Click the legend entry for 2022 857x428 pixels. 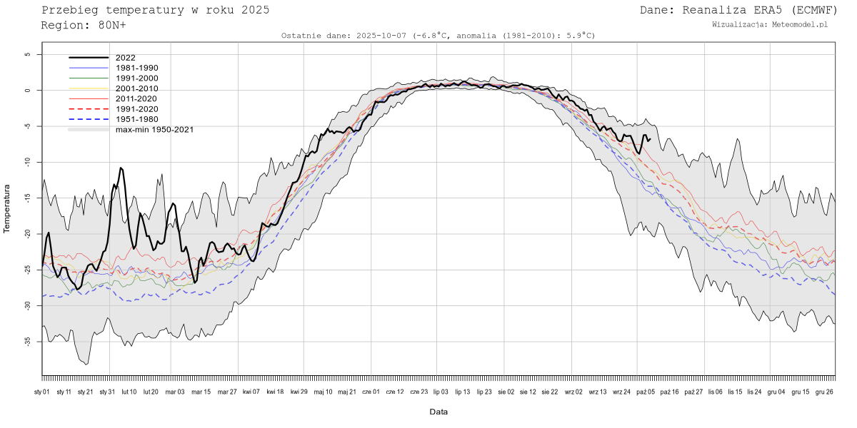(x=125, y=58)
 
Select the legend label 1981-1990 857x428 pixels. (x=136, y=68)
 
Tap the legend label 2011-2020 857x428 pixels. (x=136, y=98)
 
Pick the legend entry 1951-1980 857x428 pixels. (x=136, y=119)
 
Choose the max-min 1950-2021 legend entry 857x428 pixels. (x=154, y=129)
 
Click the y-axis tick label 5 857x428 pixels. (x=27, y=54)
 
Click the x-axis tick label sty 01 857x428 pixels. (x=42, y=392)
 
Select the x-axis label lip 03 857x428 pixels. (x=441, y=392)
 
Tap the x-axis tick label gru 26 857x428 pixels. (x=824, y=392)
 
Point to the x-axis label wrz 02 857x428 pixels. (x=573, y=392)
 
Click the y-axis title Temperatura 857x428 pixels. (x=8, y=208)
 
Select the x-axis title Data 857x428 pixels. (x=438, y=412)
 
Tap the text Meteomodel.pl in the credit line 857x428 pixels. (x=802, y=24)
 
